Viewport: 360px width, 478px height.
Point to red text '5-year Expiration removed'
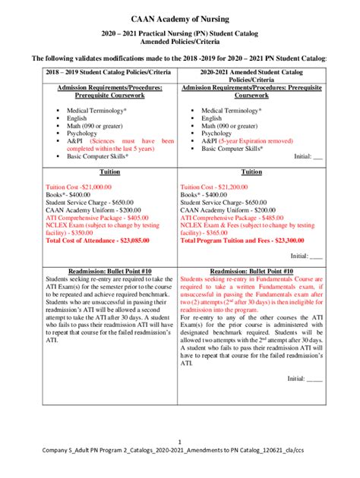[x=258, y=140]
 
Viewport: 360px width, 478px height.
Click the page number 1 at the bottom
[x=179, y=442]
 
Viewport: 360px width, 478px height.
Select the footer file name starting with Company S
[x=180, y=452]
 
